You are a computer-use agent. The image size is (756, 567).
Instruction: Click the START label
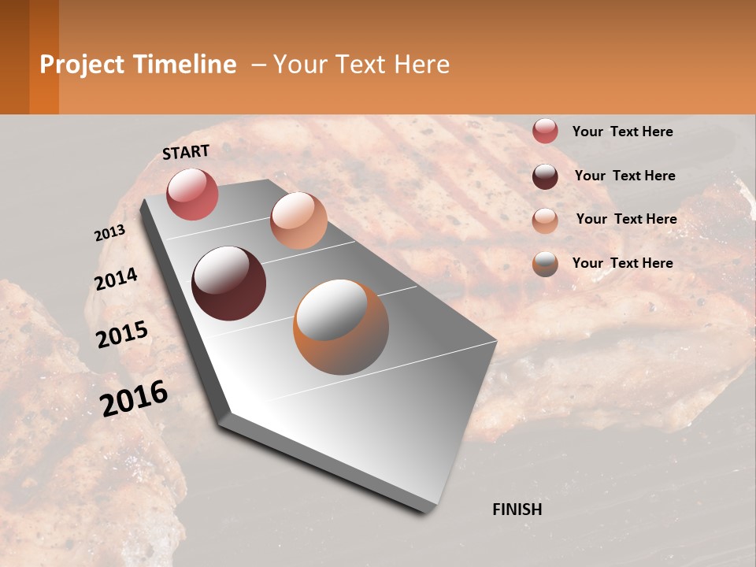[186, 152]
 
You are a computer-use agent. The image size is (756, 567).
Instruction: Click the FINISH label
[517, 510]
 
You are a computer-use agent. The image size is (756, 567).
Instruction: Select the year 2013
[109, 233]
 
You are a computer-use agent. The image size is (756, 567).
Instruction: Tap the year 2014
[116, 280]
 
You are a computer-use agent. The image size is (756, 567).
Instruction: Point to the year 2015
[122, 335]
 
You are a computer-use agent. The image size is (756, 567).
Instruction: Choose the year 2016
[134, 398]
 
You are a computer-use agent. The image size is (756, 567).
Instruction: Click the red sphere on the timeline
[192, 194]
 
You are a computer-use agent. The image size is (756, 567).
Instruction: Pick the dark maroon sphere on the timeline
[228, 283]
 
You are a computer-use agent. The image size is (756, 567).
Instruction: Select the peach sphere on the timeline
[298, 220]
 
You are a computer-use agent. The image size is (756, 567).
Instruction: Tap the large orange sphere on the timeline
[341, 327]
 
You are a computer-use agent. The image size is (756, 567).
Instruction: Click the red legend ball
[545, 132]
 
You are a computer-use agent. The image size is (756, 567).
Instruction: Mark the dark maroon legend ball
[545, 176]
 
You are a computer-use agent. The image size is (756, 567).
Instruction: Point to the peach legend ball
[545, 220]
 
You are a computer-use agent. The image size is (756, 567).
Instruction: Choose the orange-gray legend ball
[545, 264]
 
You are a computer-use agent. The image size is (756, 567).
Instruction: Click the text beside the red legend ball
[622, 132]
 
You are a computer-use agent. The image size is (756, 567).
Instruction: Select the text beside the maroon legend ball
[624, 176]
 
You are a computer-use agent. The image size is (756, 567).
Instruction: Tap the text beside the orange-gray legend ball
[622, 263]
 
